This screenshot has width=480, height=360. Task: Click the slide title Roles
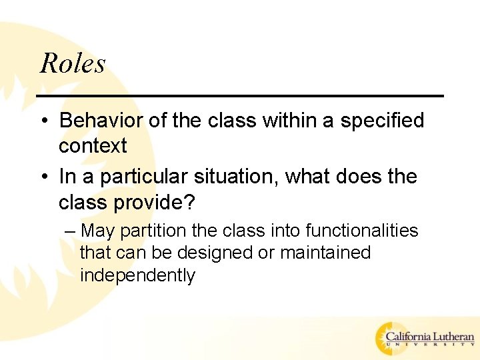click(73, 64)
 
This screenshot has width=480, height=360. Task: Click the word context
click(92, 146)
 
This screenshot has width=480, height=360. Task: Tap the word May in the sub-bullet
click(97, 231)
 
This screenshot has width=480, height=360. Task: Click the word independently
click(137, 275)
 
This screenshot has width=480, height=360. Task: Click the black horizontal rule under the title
click(240, 97)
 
